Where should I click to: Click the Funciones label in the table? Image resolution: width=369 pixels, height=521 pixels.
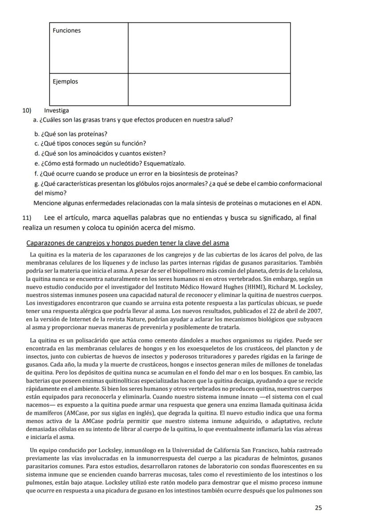click(x=67, y=31)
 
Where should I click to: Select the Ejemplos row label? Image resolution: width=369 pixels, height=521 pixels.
click(x=65, y=82)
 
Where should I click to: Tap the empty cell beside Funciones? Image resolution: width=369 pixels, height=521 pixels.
click(x=209, y=48)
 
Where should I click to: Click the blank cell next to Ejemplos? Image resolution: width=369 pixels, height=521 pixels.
click(x=209, y=89)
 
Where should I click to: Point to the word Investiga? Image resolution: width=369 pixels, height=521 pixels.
click(x=57, y=111)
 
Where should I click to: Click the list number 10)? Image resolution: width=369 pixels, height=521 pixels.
click(x=27, y=111)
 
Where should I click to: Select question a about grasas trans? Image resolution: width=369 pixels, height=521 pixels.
click(x=134, y=120)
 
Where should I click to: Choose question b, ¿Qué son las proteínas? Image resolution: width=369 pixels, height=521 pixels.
click(x=71, y=134)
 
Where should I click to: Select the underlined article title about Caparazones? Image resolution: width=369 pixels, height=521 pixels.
click(x=128, y=243)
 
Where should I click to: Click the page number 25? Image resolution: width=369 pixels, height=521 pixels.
click(x=318, y=507)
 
